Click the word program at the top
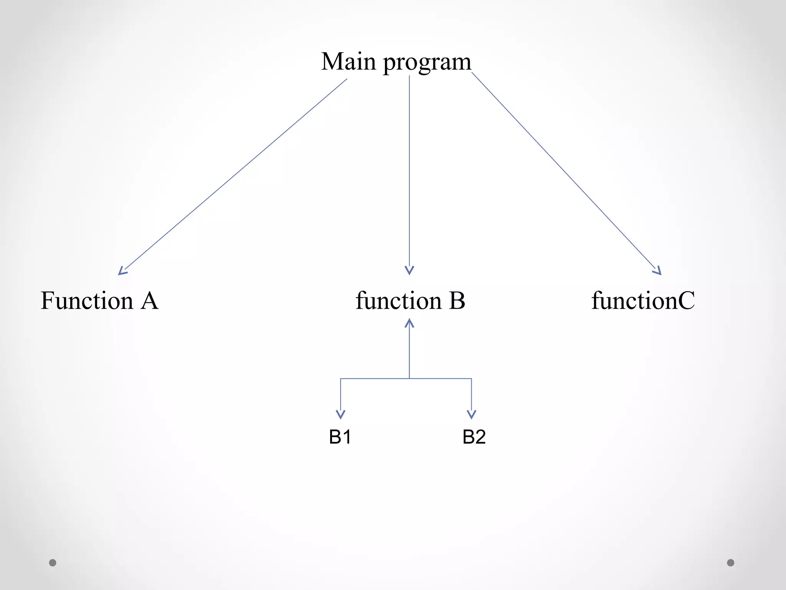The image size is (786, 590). click(427, 63)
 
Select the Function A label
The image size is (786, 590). click(99, 300)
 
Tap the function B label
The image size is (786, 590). click(410, 300)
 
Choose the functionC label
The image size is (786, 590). click(643, 300)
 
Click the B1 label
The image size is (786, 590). click(340, 437)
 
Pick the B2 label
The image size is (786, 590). click(474, 437)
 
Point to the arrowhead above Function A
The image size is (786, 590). click(122, 271)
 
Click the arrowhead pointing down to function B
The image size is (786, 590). click(410, 270)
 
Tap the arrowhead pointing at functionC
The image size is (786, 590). click(658, 271)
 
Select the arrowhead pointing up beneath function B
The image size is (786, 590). click(410, 323)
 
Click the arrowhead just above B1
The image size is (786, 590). click(340, 414)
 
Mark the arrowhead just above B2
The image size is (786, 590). click(471, 414)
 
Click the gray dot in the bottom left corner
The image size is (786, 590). click(53, 563)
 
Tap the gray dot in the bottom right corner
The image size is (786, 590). click(731, 563)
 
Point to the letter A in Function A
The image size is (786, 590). click(149, 300)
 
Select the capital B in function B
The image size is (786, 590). click(457, 300)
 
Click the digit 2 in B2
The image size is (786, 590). click(480, 437)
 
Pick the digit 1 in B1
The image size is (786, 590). click(347, 437)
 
